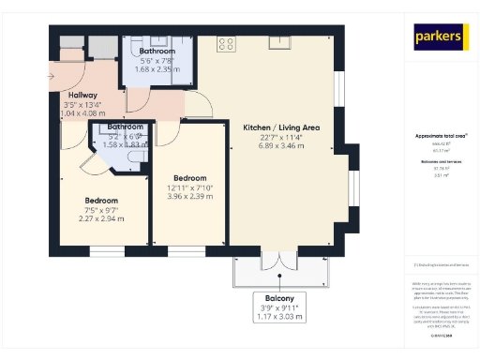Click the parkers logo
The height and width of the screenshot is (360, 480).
(x=440, y=37)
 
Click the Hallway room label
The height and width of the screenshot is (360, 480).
(x=82, y=96)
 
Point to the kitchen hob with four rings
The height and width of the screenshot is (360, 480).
(x=226, y=42)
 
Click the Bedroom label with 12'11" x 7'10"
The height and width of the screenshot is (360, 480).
(x=190, y=177)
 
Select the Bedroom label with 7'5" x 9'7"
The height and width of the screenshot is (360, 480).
(x=101, y=201)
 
